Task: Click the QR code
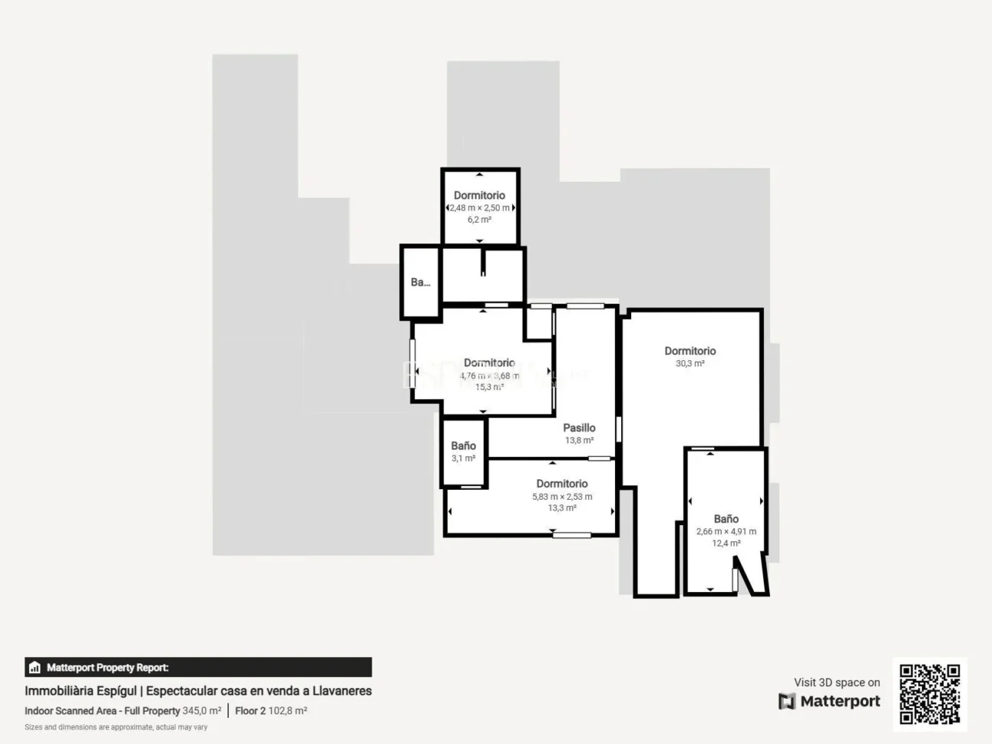click(x=929, y=694)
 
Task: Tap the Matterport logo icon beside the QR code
click(x=787, y=701)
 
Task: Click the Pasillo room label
click(x=579, y=428)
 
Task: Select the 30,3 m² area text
click(x=690, y=364)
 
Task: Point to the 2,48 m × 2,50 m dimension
click(x=479, y=208)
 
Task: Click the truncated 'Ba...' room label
click(x=420, y=282)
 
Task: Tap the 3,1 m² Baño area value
click(x=463, y=459)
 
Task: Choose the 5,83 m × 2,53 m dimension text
click(x=562, y=497)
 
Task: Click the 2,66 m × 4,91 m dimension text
click(x=726, y=532)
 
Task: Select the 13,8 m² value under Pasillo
click(x=579, y=440)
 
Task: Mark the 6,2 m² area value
click(x=479, y=220)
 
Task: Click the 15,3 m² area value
click(x=489, y=387)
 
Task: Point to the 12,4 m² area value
click(x=726, y=543)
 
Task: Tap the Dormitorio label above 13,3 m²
click(x=562, y=484)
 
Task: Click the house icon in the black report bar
click(x=34, y=668)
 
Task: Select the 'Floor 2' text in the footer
click(x=250, y=710)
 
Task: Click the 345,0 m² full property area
click(x=201, y=710)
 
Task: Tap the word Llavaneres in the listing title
click(x=342, y=691)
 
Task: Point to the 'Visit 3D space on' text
click(x=836, y=682)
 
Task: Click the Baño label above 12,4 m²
click(x=726, y=519)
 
